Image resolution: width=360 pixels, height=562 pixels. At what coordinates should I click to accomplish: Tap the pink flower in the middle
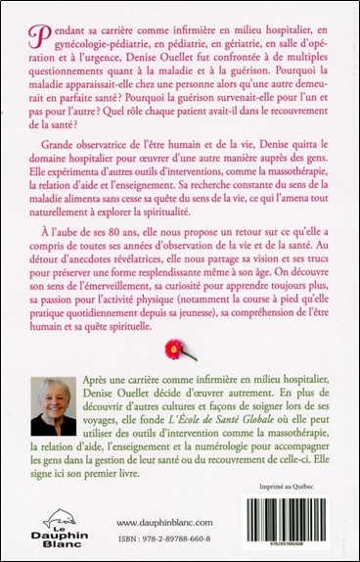point(179,350)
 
